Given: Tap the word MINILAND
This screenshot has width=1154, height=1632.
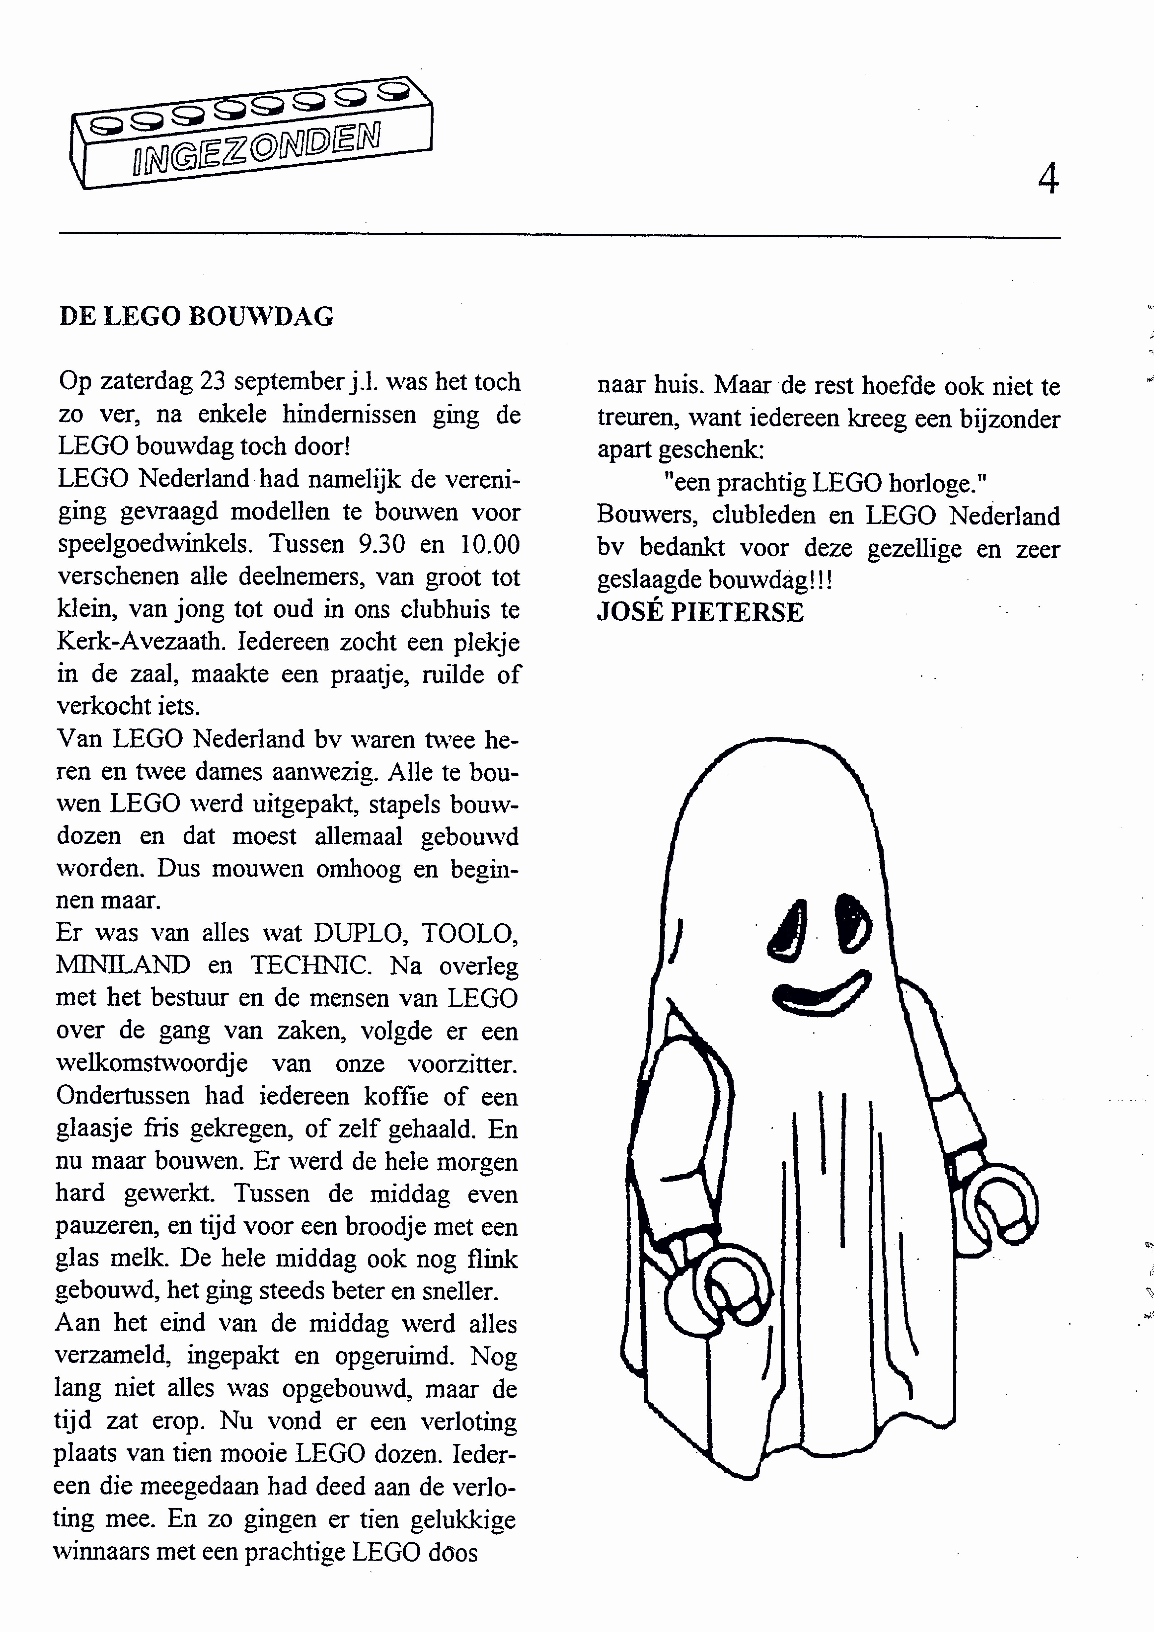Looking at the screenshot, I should pyautogui.click(x=123, y=964).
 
